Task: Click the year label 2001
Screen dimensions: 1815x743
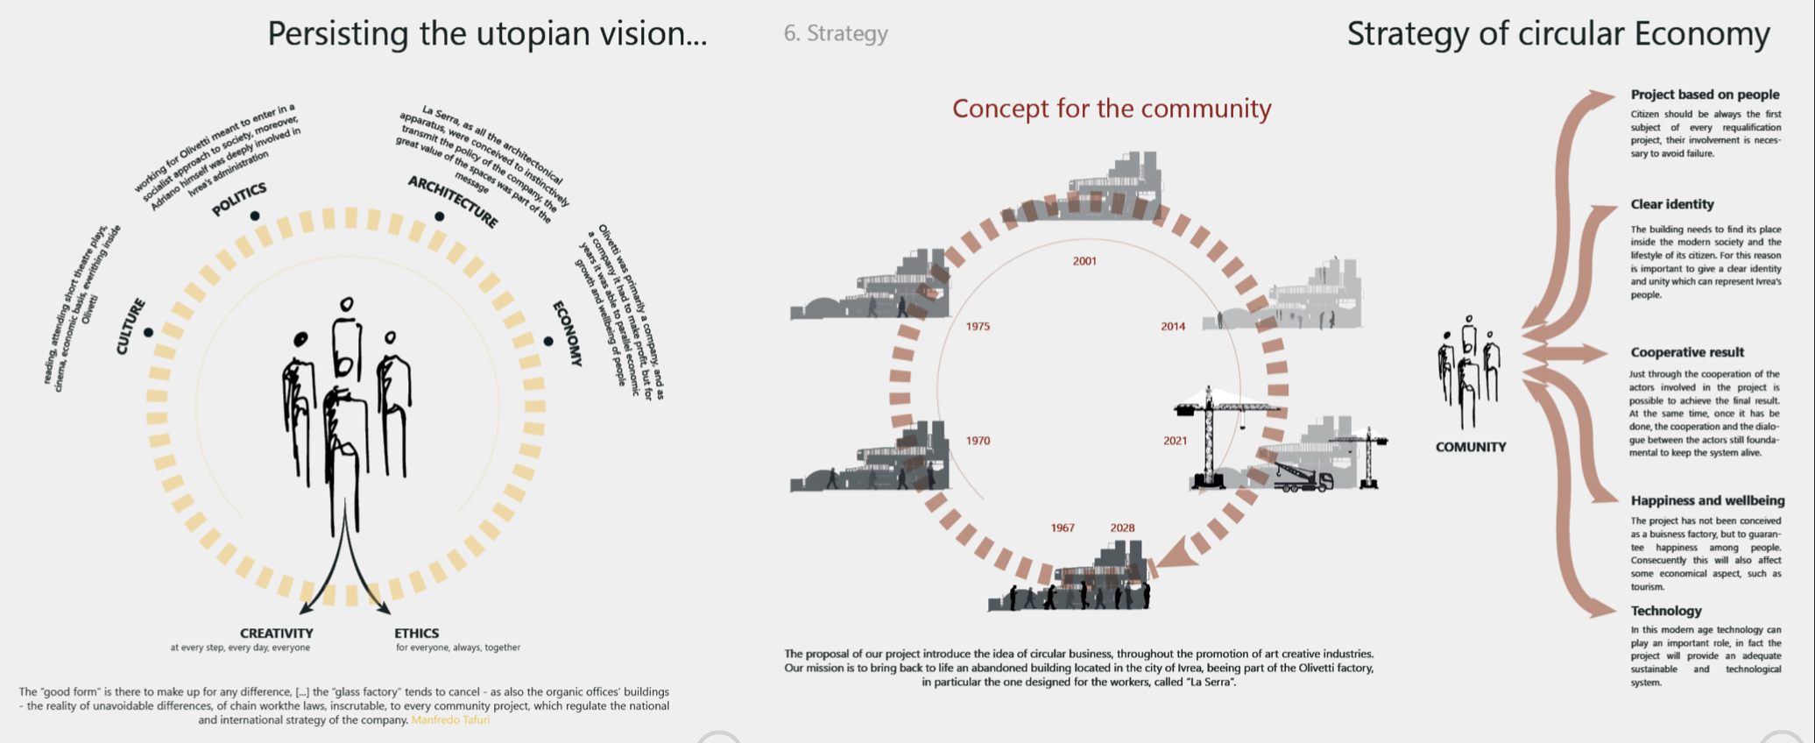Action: point(1084,261)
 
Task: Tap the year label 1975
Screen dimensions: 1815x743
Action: point(978,327)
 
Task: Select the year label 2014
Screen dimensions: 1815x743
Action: point(1173,327)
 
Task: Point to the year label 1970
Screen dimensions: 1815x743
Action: point(978,442)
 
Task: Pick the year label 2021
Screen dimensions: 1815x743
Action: point(1175,442)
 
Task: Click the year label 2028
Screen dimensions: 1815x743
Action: point(1122,528)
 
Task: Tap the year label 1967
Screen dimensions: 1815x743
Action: point(1063,528)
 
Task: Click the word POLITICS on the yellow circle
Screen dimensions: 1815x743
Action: point(239,199)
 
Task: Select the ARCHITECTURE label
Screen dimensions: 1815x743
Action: point(453,202)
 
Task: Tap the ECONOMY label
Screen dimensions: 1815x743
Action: point(568,333)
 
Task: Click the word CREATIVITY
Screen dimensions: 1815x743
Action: point(277,633)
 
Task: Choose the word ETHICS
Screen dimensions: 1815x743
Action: point(417,633)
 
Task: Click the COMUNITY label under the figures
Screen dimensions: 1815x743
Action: point(1471,447)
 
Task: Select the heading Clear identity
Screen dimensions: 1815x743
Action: point(1671,204)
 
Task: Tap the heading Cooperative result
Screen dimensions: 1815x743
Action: point(1687,352)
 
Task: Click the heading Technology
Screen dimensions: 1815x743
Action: point(1665,611)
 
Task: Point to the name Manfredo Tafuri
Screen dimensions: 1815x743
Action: point(450,720)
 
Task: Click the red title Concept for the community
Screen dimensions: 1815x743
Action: point(1112,109)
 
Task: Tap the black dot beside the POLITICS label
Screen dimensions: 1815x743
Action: point(255,216)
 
